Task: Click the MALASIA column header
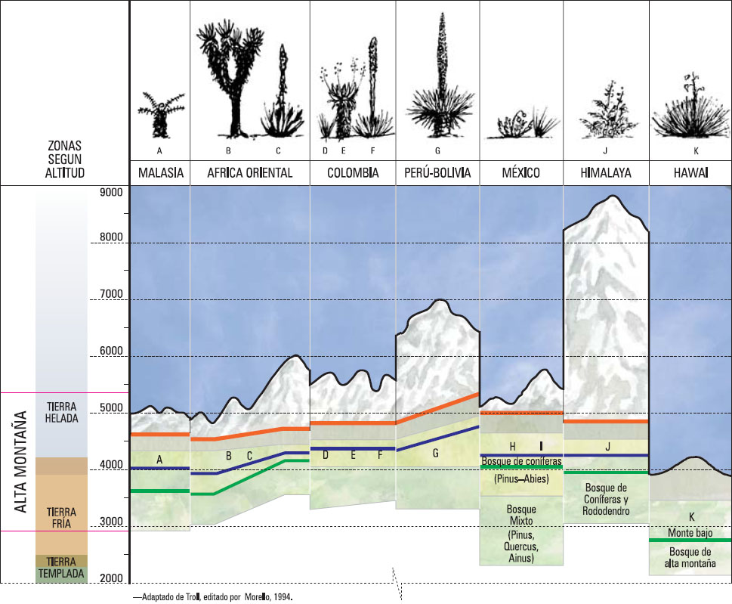(161, 173)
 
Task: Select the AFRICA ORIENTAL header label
(249, 173)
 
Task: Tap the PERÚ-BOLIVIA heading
(437, 173)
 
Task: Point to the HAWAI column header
(690, 173)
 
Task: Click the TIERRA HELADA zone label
(62, 412)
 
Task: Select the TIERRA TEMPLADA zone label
(61, 568)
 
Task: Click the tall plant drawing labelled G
(438, 76)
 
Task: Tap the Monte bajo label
(690, 533)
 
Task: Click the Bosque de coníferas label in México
(520, 460)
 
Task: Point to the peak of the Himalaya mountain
(613, 198)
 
